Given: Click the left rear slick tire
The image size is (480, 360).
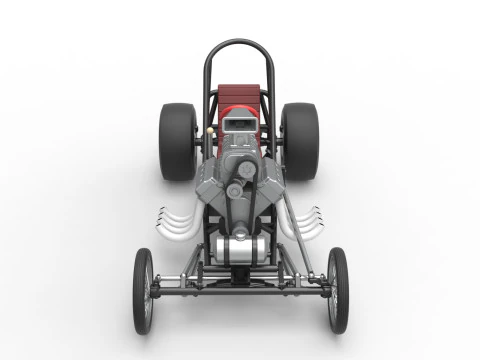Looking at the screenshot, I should (177, 141).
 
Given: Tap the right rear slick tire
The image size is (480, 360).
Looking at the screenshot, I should (299, 141).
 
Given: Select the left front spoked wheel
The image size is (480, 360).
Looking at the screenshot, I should (144, 290).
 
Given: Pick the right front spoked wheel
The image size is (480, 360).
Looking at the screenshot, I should (337, 290).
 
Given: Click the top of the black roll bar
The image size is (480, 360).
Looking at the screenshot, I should (239, 43).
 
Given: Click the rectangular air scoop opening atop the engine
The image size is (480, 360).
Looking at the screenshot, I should (240, 123).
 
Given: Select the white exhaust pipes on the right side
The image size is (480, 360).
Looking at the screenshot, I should (306, 221).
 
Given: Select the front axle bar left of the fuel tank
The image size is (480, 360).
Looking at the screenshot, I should (185, 286).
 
